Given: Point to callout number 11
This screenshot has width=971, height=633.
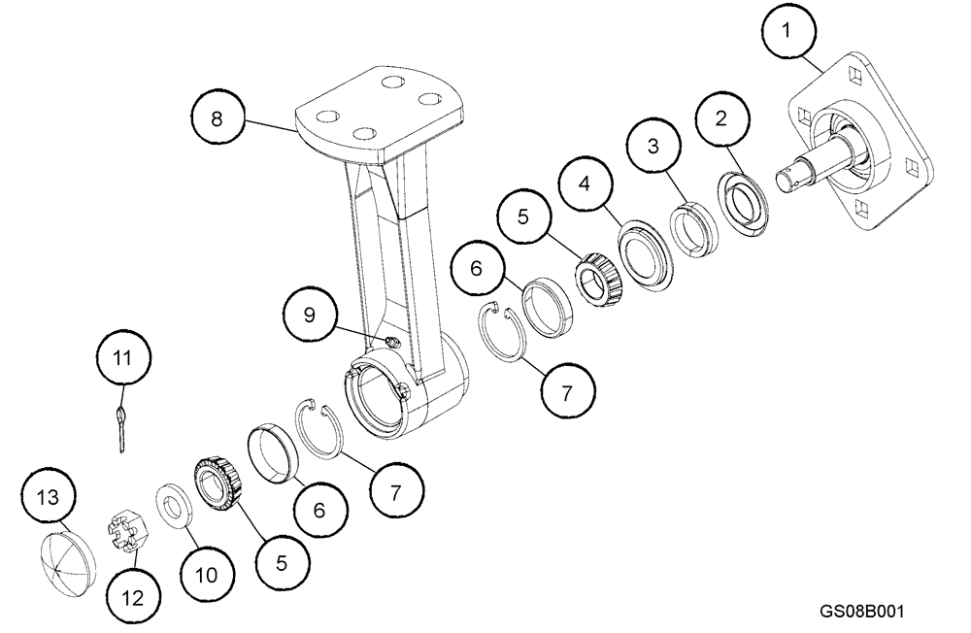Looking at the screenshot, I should click(x=122, y=359).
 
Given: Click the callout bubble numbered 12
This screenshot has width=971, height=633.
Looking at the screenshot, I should click(x=132, y=595).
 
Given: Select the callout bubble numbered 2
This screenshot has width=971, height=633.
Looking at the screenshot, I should click(x=720, y=118).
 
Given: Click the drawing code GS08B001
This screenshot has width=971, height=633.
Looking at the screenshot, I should click(x=862, y=612).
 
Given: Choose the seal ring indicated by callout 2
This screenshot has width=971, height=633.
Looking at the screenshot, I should click(x=747, y=202).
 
